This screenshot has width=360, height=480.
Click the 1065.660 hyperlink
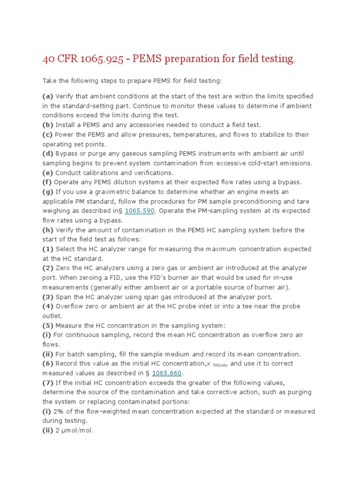[167, 373]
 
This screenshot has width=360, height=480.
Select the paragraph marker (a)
[48, 97]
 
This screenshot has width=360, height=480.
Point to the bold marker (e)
[48, 172]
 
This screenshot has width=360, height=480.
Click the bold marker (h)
[48, 230]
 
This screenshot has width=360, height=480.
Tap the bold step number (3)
[48, 297]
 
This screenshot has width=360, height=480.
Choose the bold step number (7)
[48, 382]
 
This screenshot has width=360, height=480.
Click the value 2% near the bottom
[60, 411]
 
